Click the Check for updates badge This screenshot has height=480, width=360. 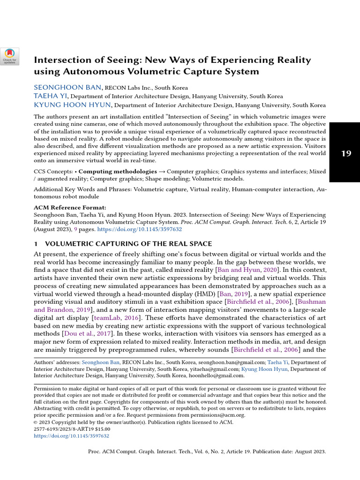coord(9,56)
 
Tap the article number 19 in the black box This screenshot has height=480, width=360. coord(346,153)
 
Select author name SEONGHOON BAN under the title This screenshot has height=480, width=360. coord(67,87)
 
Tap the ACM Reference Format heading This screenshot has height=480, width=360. coord(70,207)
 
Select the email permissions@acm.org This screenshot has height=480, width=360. coord(208,415)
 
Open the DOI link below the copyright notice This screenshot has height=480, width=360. coord(71,435)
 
